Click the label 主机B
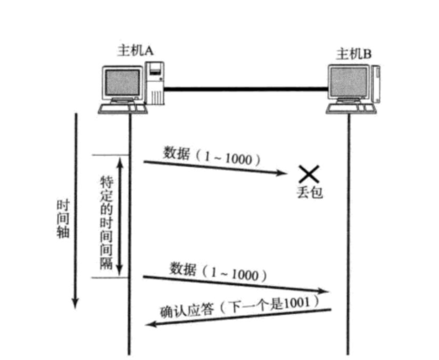pos(354,54)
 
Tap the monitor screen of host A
pos(123,82)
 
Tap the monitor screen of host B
pos(349,82)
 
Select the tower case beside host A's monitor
pos(155,83)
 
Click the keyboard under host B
pos(350,109)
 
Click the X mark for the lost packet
pos(308,174)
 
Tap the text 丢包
pos(310,193)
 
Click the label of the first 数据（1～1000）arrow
pos(212,156)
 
